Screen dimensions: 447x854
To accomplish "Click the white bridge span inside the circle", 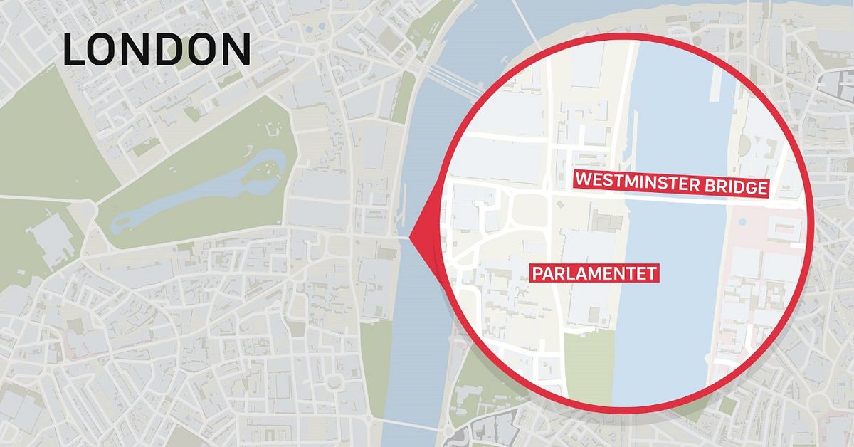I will coord(676,201).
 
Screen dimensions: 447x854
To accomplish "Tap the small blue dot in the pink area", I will coord(742,221).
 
